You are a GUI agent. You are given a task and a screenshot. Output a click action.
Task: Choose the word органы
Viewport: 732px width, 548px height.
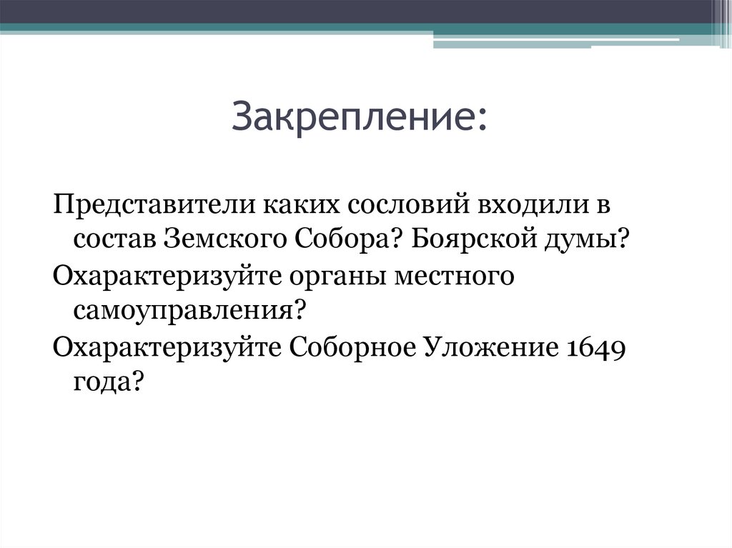pos(327,277)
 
